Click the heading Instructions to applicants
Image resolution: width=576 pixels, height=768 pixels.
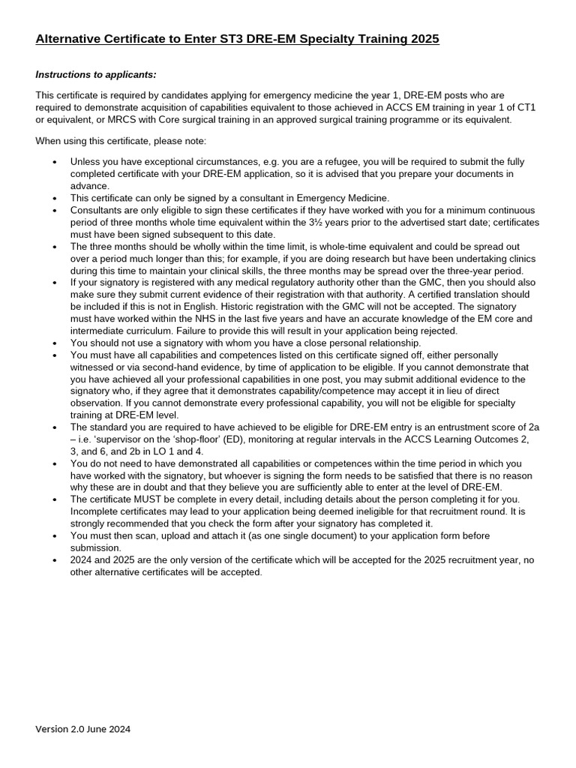tap(96, 74)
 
